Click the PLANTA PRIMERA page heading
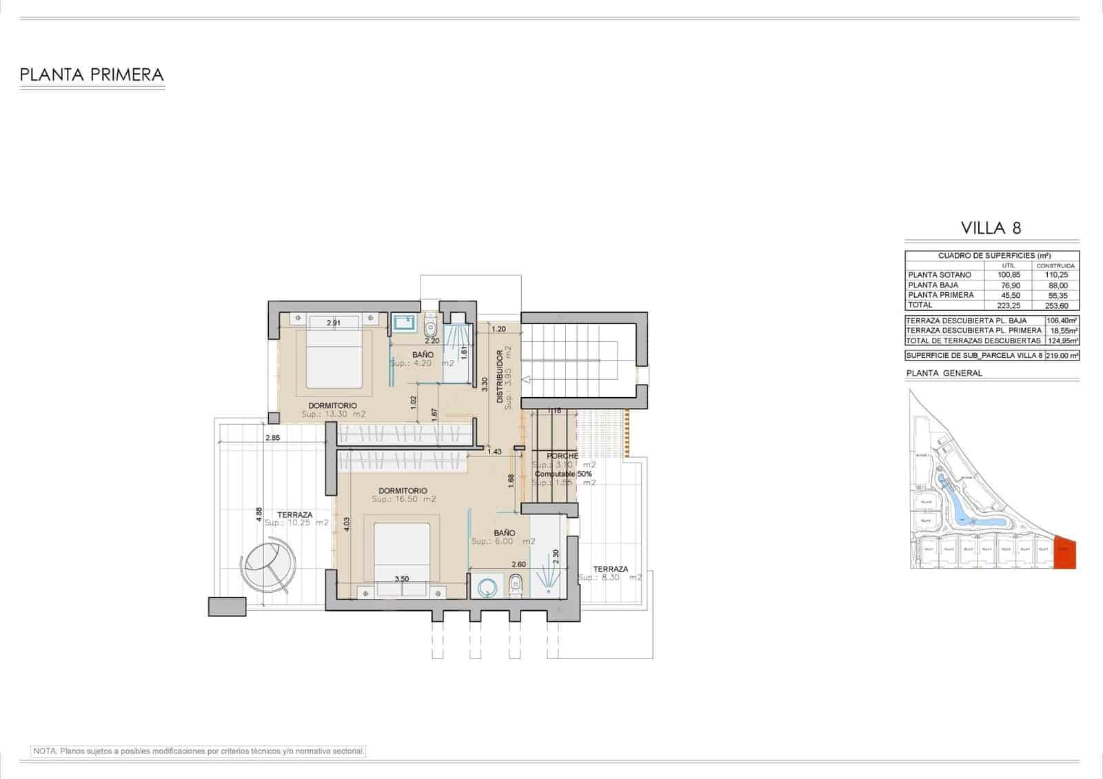[x=92, y=74]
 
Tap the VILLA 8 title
[x=991, y=228]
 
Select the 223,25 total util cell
[x=1008, y=305]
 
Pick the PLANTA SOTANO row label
[x=939, y=275]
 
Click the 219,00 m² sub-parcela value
[x=1062, y=356]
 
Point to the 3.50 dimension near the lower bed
[x=402, y=579]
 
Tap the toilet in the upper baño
[x=431, y=324]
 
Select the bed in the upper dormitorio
[x=334, y=359]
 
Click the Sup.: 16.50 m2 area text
[x=404, y=499]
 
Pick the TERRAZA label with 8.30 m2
[x=611, y=569]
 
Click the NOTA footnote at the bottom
[x=199, y=751]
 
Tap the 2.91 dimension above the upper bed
[x=334, y=323]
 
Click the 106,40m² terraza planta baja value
[x=1062, y=321]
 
